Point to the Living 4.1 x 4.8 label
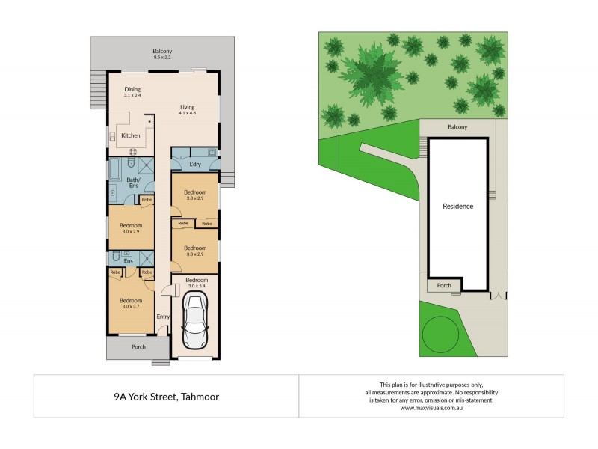click(187, 109)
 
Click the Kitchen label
click(131, 135)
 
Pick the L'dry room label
click(196, 164)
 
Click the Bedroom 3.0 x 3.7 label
click(132, 302)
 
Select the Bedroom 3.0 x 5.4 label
click(197, 283)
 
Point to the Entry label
click(163, 317)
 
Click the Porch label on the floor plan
click(138, 346)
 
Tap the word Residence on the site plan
click(457, 207)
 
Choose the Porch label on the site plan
click(444, 285)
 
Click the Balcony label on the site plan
click(457, 127)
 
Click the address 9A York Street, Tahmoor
click(166, 397)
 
